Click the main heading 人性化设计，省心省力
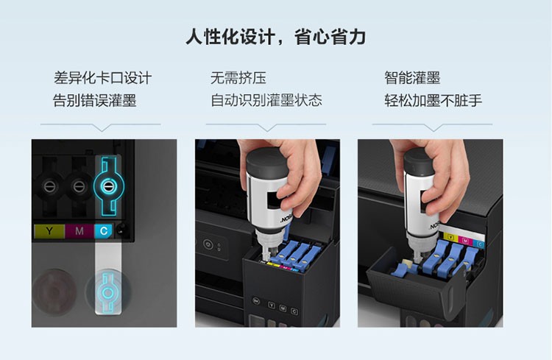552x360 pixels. [x=276, y=37]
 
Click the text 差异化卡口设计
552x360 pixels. [x=102, y=77]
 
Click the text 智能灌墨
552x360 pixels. [x=412, y=77]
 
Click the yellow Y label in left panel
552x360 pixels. [x=49, y=231]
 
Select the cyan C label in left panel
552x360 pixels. [x=104, y=231]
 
